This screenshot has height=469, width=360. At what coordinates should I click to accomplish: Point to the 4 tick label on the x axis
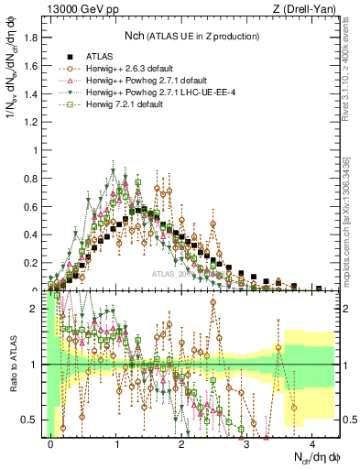click(312, 442)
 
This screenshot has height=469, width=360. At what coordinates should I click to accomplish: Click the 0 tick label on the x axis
click(51, 442)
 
